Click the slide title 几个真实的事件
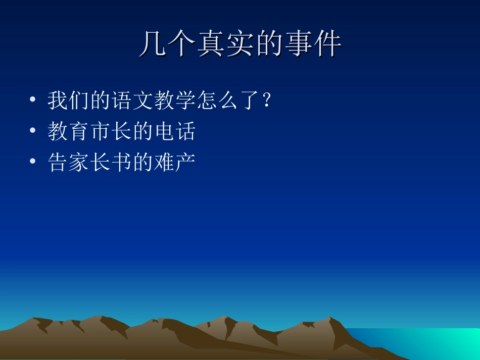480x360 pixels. (240, 44)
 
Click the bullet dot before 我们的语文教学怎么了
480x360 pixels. (33, 100)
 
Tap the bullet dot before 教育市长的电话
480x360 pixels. (33, 131)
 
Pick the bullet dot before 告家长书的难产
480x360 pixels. (33, 162)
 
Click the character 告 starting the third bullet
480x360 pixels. (57, 162)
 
